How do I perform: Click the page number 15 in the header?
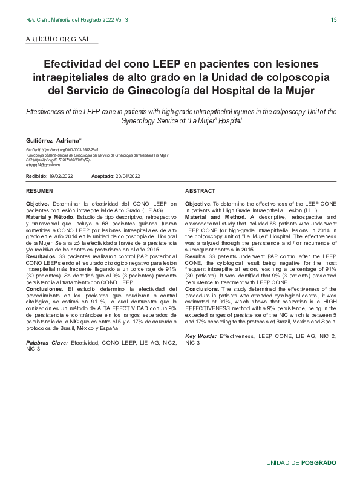click(333, 20)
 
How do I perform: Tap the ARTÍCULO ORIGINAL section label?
click(58, 39)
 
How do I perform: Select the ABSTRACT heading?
click(200, 190)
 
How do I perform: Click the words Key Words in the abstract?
click(201, 335)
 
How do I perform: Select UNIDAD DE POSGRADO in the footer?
click(301, 462)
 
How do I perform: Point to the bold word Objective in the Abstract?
click(198, 204)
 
